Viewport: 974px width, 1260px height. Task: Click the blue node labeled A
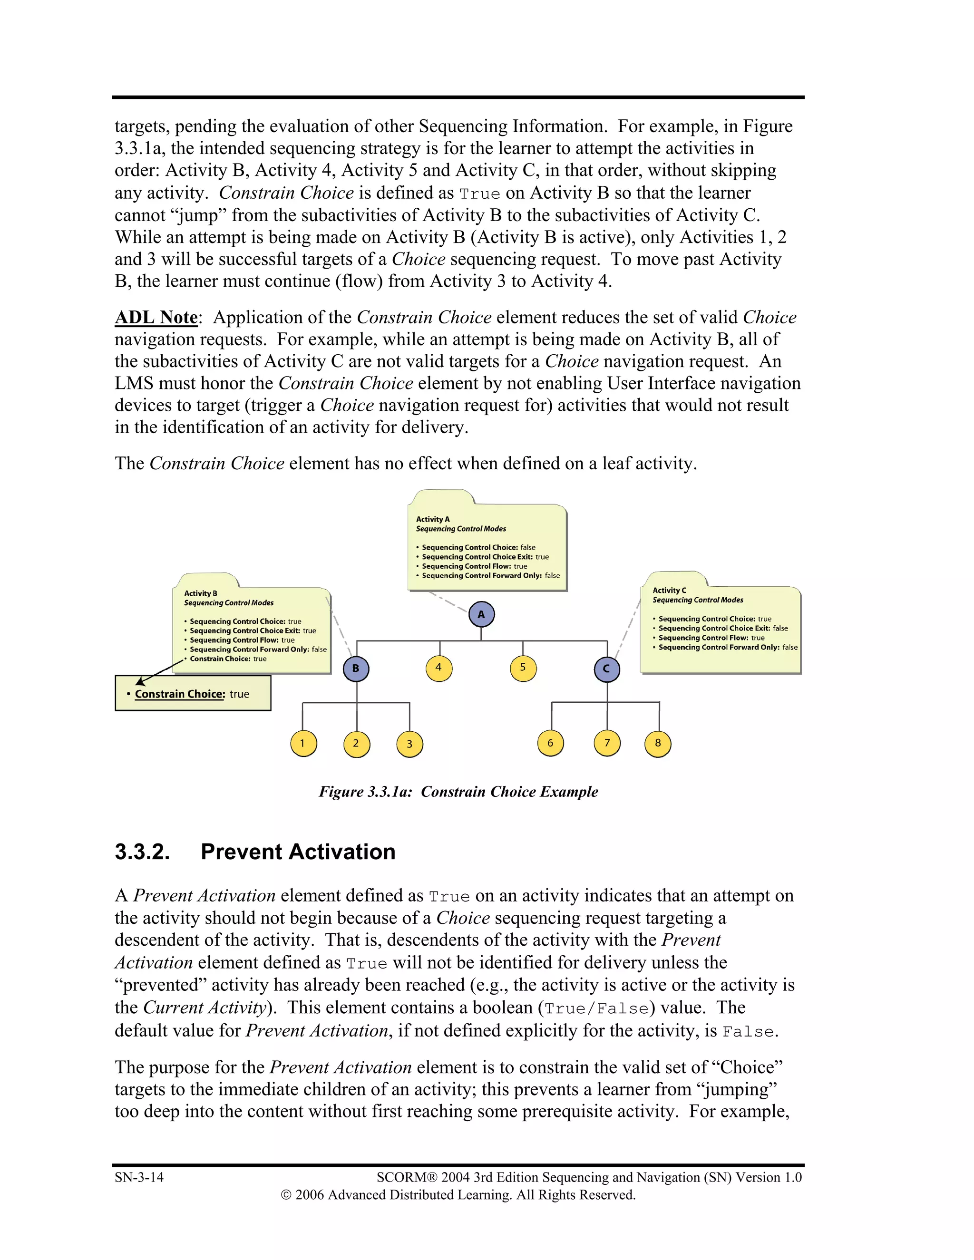[x=481, y=614]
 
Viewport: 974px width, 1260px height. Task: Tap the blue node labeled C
[x=606, y=669]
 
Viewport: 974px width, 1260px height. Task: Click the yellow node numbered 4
[x=438, y=668]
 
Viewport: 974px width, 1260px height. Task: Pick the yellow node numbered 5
[x=523, y=668]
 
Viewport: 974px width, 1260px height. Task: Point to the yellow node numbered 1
[x=303, y=743]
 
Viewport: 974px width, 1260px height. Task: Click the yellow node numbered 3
[x=409, y=744]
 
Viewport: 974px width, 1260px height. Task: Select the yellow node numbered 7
[x=607, y=743]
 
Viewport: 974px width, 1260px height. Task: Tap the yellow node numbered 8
[x=658, y=743]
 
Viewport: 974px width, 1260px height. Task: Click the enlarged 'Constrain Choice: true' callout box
[x=193, y=693]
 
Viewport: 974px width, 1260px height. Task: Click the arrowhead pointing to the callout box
[x=140, y=682]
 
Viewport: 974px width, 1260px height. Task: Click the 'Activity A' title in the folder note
[x=433, y=519]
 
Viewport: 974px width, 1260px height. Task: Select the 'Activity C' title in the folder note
[x=669, y=590]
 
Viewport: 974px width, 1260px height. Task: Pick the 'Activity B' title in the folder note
[x=201, y=593]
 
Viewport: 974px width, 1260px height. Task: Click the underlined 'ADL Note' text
[x=156, y=317]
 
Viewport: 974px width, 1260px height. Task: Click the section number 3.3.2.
[x=142, y=852]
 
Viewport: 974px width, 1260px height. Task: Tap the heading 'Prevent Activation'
[x=298, y=852]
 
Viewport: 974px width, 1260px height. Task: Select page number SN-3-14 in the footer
[x=139, y=1177]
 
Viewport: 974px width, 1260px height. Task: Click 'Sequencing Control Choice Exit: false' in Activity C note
[x=722, y=628]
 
